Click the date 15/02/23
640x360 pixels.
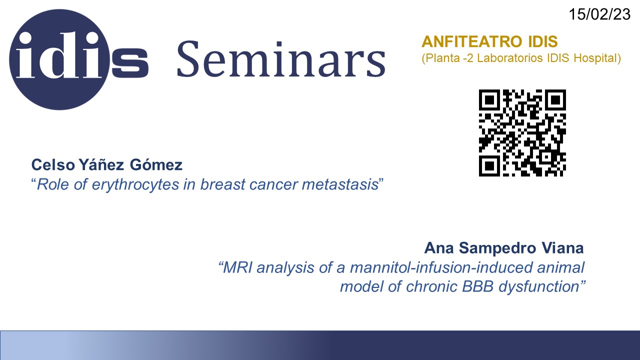pos(599,14)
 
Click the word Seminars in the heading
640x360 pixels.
pos(281,59)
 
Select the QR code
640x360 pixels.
pos(522,133)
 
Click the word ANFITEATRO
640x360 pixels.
pos(472,41)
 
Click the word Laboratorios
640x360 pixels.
pos(509,58)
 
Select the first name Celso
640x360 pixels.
pos(53,165)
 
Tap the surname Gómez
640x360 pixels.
pos(156,164)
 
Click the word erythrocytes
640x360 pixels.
pos(135,184)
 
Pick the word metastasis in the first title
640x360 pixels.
pos(340,184)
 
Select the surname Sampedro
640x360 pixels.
pos(497,248)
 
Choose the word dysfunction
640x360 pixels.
pos(539,287)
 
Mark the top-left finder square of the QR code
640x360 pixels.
pos(489,100)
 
